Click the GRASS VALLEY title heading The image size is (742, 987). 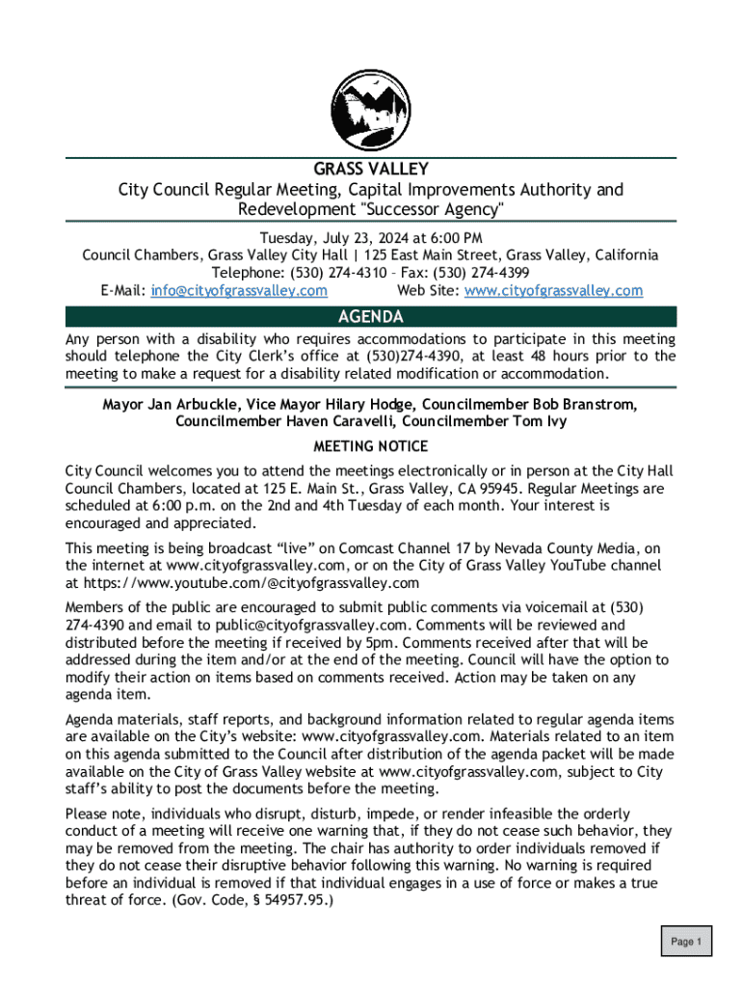(x=371, y=171)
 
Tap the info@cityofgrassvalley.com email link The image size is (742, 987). (x=239, y=290)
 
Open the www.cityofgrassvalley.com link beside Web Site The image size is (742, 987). (x=553, y=290)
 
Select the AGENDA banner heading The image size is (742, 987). (x=371, y=317)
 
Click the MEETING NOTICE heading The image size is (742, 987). (x=371, y=446)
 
